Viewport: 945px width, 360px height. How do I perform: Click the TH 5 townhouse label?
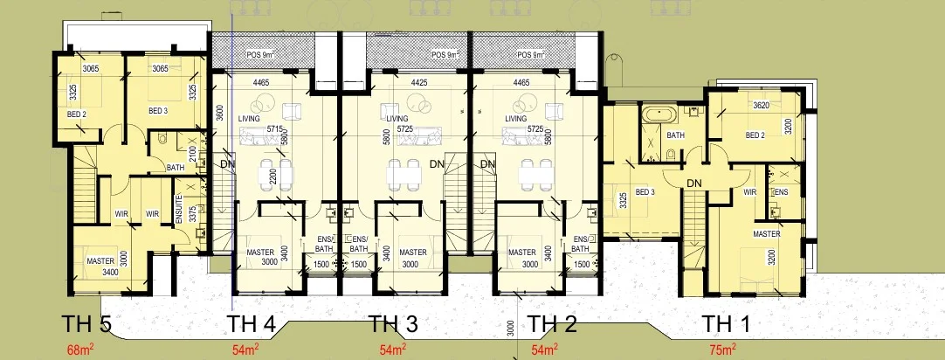click(x=86, y=325)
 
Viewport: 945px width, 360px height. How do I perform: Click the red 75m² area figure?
click(x=724, y=350)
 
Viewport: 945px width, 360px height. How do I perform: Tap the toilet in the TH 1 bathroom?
click(x=670, y=154)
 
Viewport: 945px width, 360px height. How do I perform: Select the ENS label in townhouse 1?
click(x=781, y=191)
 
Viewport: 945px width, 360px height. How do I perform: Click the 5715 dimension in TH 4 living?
click(x=275, y=128)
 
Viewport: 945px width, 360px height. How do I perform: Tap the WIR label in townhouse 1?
click(x=748, y=191)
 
